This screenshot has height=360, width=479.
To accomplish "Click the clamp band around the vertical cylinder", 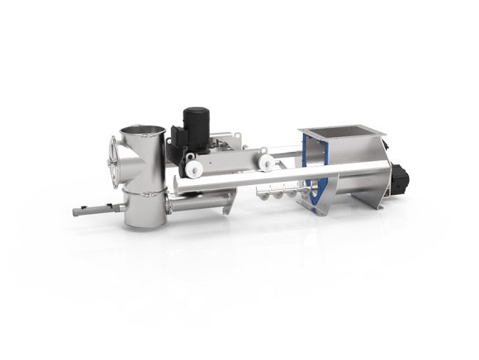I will click(x=143, y=192).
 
